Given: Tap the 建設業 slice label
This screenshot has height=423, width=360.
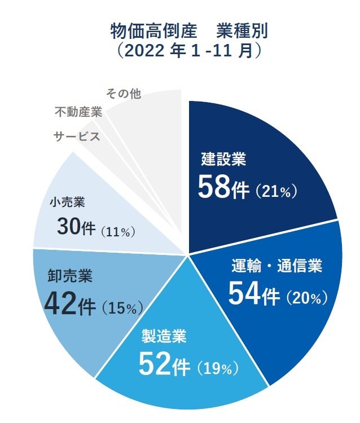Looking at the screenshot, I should coord(223,160).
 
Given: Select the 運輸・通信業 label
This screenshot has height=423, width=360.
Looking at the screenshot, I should coord(277,266).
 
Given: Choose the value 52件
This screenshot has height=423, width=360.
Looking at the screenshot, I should coord(164,366).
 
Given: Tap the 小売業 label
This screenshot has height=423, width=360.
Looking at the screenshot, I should coord(67,201).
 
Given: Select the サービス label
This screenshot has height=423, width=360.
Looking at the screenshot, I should coord(77,136).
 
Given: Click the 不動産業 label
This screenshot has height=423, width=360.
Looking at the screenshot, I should coord(78,112).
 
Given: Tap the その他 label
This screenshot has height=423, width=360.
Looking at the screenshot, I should coord(123,94).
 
